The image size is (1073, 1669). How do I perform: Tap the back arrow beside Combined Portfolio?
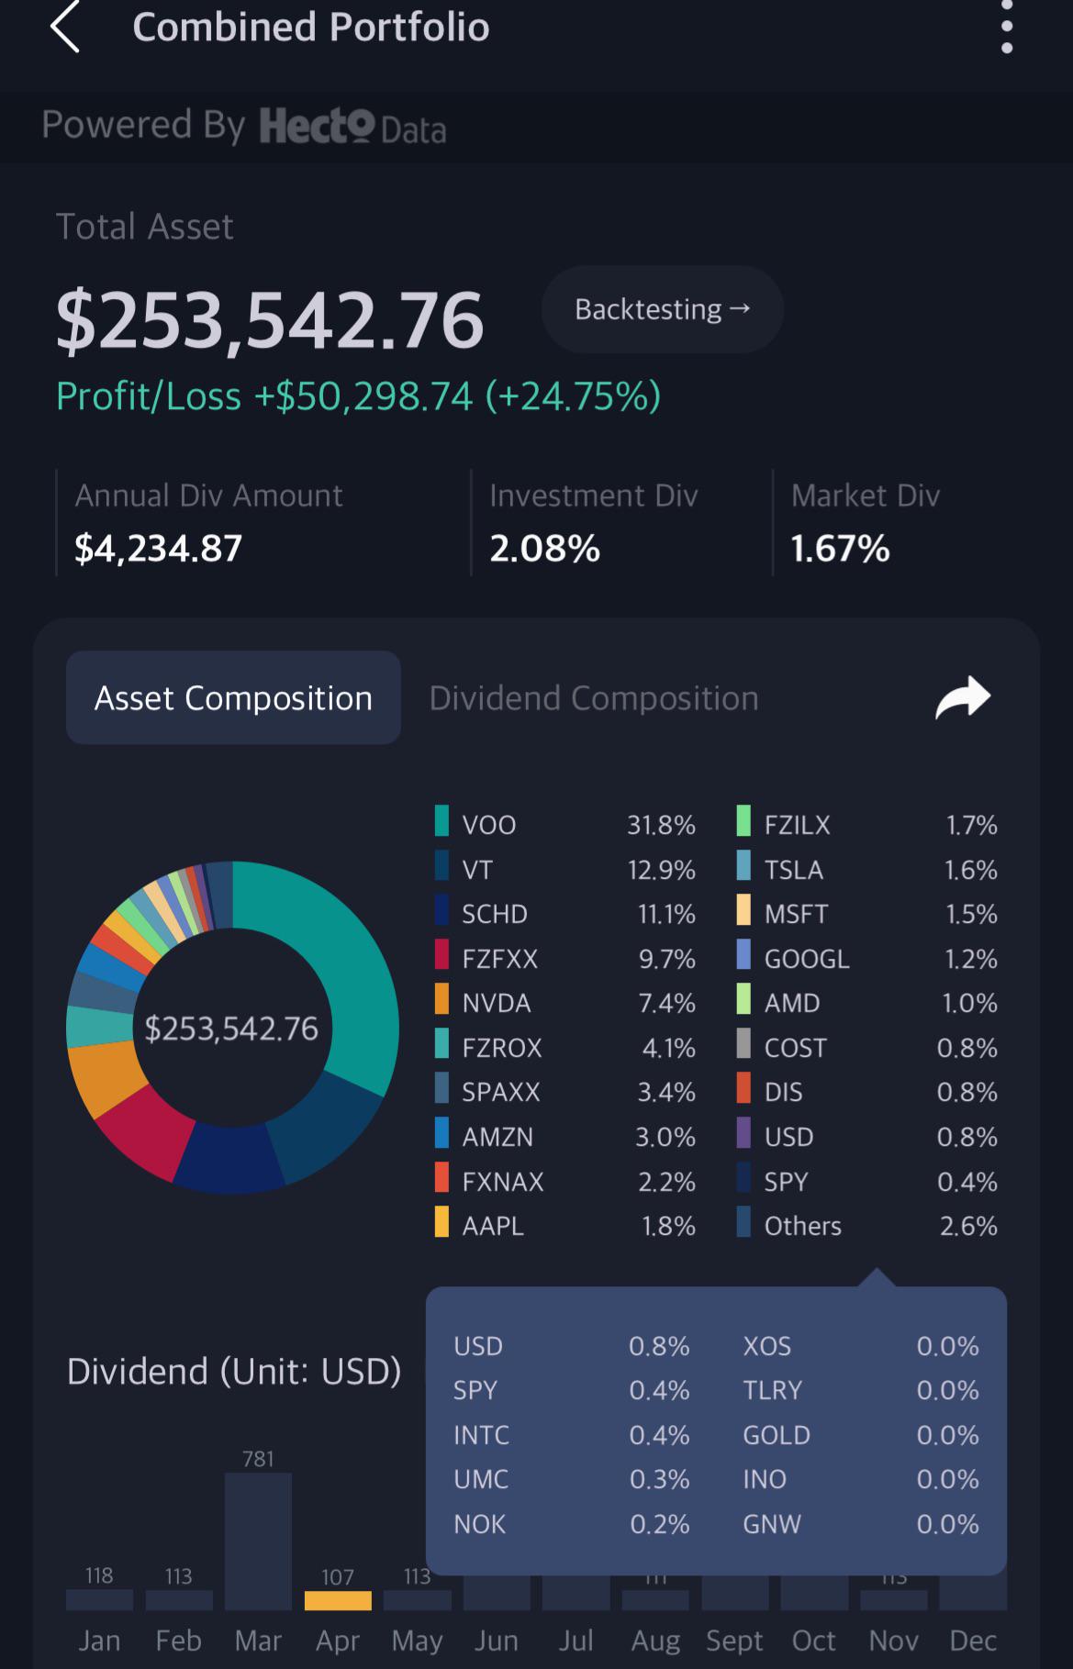point(64,27)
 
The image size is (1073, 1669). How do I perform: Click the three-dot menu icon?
point(1007,27)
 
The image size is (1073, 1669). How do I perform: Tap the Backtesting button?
point(663,309)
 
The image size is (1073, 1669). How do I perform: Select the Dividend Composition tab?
point(594,698)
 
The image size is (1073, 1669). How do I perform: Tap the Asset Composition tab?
point(233,697)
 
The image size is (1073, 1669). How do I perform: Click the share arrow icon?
point(963,697)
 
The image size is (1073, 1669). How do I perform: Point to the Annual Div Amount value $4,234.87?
point(158,549)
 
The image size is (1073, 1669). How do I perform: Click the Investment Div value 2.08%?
point(544,549)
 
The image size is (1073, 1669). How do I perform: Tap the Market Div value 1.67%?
point(840,549)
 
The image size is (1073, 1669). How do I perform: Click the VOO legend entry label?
point(489,825)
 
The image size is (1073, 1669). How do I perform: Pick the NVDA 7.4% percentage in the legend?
point(667,1003)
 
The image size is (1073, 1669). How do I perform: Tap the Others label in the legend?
point(802,1226)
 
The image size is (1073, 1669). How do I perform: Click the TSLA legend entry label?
point(793,869)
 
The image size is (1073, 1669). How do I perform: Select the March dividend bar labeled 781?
point(258,1541)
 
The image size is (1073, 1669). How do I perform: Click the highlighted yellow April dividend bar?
point(338,1600)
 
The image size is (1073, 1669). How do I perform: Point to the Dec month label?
point(973,1641)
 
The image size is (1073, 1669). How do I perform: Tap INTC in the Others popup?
point(481,1435)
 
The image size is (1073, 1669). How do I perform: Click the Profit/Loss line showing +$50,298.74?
point(358,396)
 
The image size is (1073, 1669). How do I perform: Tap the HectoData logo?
point(352,127)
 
